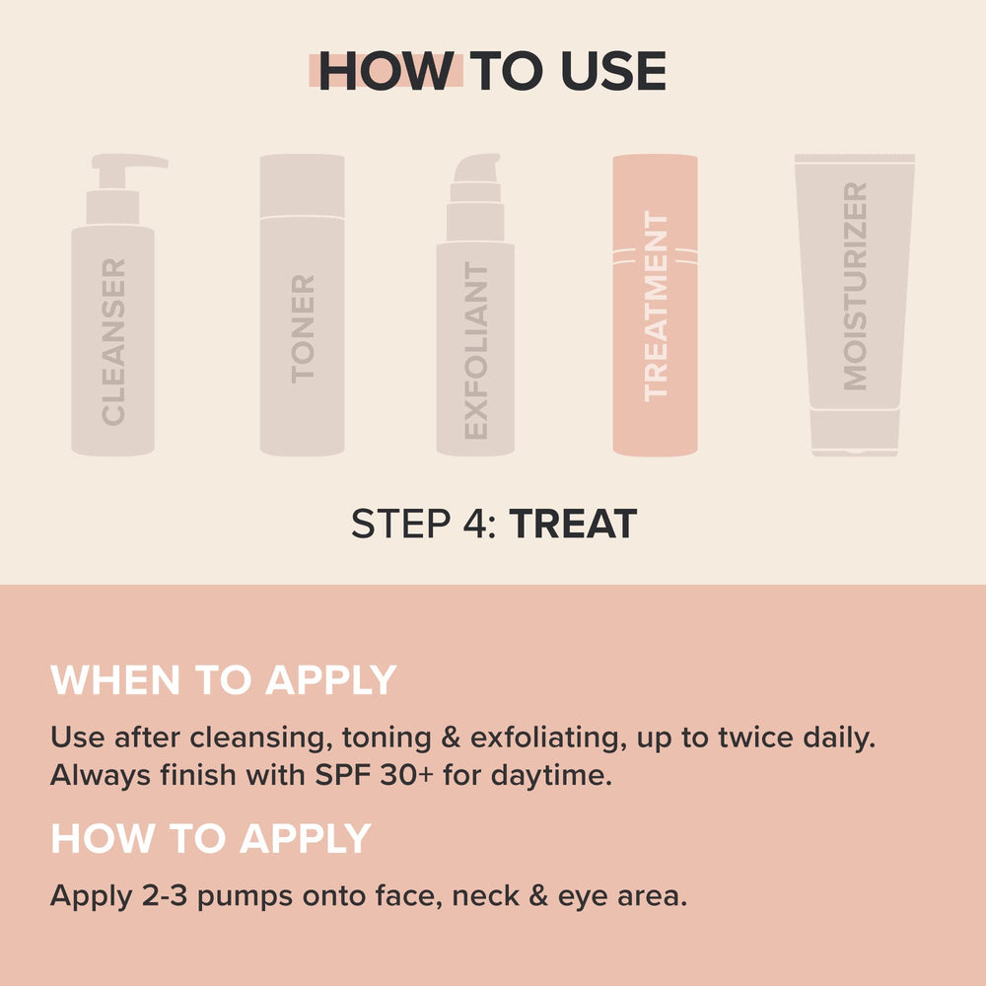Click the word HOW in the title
click(385, 72)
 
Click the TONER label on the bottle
click(303, 328)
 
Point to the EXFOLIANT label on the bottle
click(475, 351)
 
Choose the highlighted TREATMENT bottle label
click(656, 306)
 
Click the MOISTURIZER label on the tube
click(855, 286)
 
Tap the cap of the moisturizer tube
click(855, 432)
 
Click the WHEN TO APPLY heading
click(223, 681)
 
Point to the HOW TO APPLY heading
click(210, 839)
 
